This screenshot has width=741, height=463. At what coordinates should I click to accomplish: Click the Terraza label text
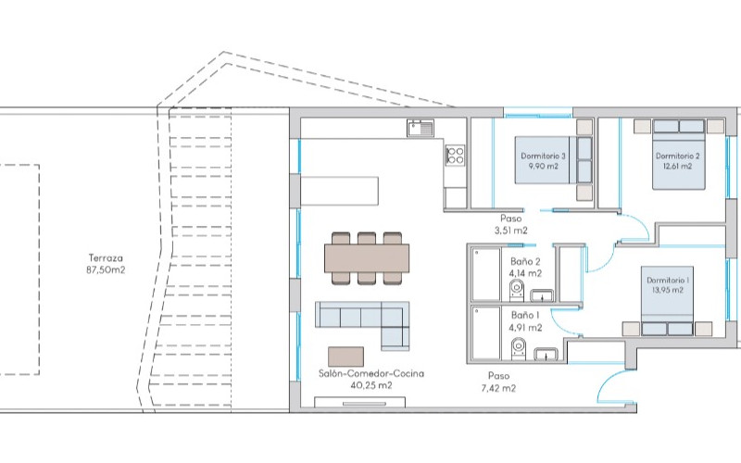click(106, 258)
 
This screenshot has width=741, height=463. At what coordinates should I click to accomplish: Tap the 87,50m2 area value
click(106, 270)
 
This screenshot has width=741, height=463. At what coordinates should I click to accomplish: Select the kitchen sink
click(421, 128)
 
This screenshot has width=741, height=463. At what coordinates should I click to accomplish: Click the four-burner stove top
click(456, 156)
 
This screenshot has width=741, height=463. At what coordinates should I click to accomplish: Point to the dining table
click(367, 258)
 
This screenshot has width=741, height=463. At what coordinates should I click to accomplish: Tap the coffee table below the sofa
click(345, 357)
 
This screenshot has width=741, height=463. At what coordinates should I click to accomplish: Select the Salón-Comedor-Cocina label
click(371, 374)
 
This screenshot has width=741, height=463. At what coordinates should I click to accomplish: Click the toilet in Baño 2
click(517, 290)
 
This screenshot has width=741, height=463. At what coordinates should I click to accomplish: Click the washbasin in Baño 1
click(546, 354)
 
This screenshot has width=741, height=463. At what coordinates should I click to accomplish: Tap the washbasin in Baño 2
click(543, 295)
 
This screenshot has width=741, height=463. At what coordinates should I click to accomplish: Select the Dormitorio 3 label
click(543, 156)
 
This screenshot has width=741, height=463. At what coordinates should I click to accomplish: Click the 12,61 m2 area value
click(678, 167)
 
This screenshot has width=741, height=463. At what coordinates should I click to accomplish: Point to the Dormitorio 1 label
click(668, 281)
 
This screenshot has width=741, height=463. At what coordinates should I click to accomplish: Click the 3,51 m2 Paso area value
click(511, 231)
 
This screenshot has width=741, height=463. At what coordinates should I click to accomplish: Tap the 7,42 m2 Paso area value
click(498, 388)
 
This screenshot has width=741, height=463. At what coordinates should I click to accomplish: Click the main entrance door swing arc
click(609, 377)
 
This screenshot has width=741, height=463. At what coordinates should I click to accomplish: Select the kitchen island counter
click(340, 191)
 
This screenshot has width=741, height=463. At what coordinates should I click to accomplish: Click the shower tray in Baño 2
click(486, 274)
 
